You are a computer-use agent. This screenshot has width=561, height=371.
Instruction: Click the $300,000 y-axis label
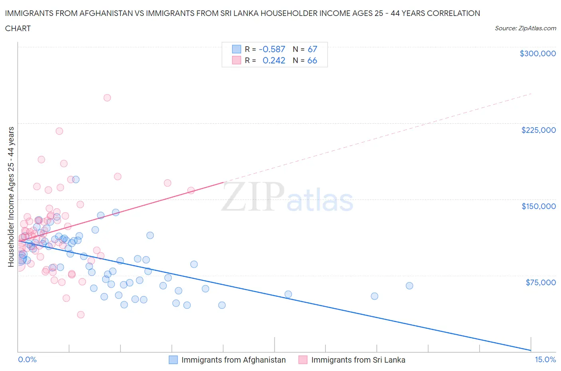coord(537,53)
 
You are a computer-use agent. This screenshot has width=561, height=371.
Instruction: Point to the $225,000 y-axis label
coord(538,130)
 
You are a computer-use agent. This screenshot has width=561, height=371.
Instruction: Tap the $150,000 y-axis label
coord(538,206)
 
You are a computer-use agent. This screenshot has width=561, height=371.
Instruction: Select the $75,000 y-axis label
coord(540,282)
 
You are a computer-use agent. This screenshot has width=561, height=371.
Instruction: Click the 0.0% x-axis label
coord(27,359)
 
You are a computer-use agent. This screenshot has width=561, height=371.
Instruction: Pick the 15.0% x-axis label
coord(545,359)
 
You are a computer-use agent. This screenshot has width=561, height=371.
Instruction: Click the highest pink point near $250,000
coord(107,98)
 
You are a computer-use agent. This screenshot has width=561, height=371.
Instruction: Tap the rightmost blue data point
coord(409,286)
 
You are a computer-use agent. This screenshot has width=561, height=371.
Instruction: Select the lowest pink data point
coord(81,314)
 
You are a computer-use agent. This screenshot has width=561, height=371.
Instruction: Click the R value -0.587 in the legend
coord(272,49)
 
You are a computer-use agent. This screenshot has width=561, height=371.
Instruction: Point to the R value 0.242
coord(274,60)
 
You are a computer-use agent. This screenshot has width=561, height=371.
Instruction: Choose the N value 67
coord(312,49)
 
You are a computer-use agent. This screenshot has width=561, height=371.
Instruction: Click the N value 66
coord(312,60)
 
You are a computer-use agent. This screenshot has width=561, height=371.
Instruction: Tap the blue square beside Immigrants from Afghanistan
coord(173,360)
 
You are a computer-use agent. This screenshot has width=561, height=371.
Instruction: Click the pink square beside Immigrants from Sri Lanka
coord(303,360)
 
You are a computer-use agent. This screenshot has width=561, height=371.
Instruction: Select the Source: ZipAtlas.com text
coord(525,28)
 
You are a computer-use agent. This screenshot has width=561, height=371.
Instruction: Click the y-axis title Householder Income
coord(11,196)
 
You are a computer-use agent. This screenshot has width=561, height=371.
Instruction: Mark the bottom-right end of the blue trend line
coord(530,350)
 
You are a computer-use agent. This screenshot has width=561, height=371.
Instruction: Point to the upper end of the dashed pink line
coord(531,94)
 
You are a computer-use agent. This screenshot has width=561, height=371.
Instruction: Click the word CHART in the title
coord(18,28)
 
